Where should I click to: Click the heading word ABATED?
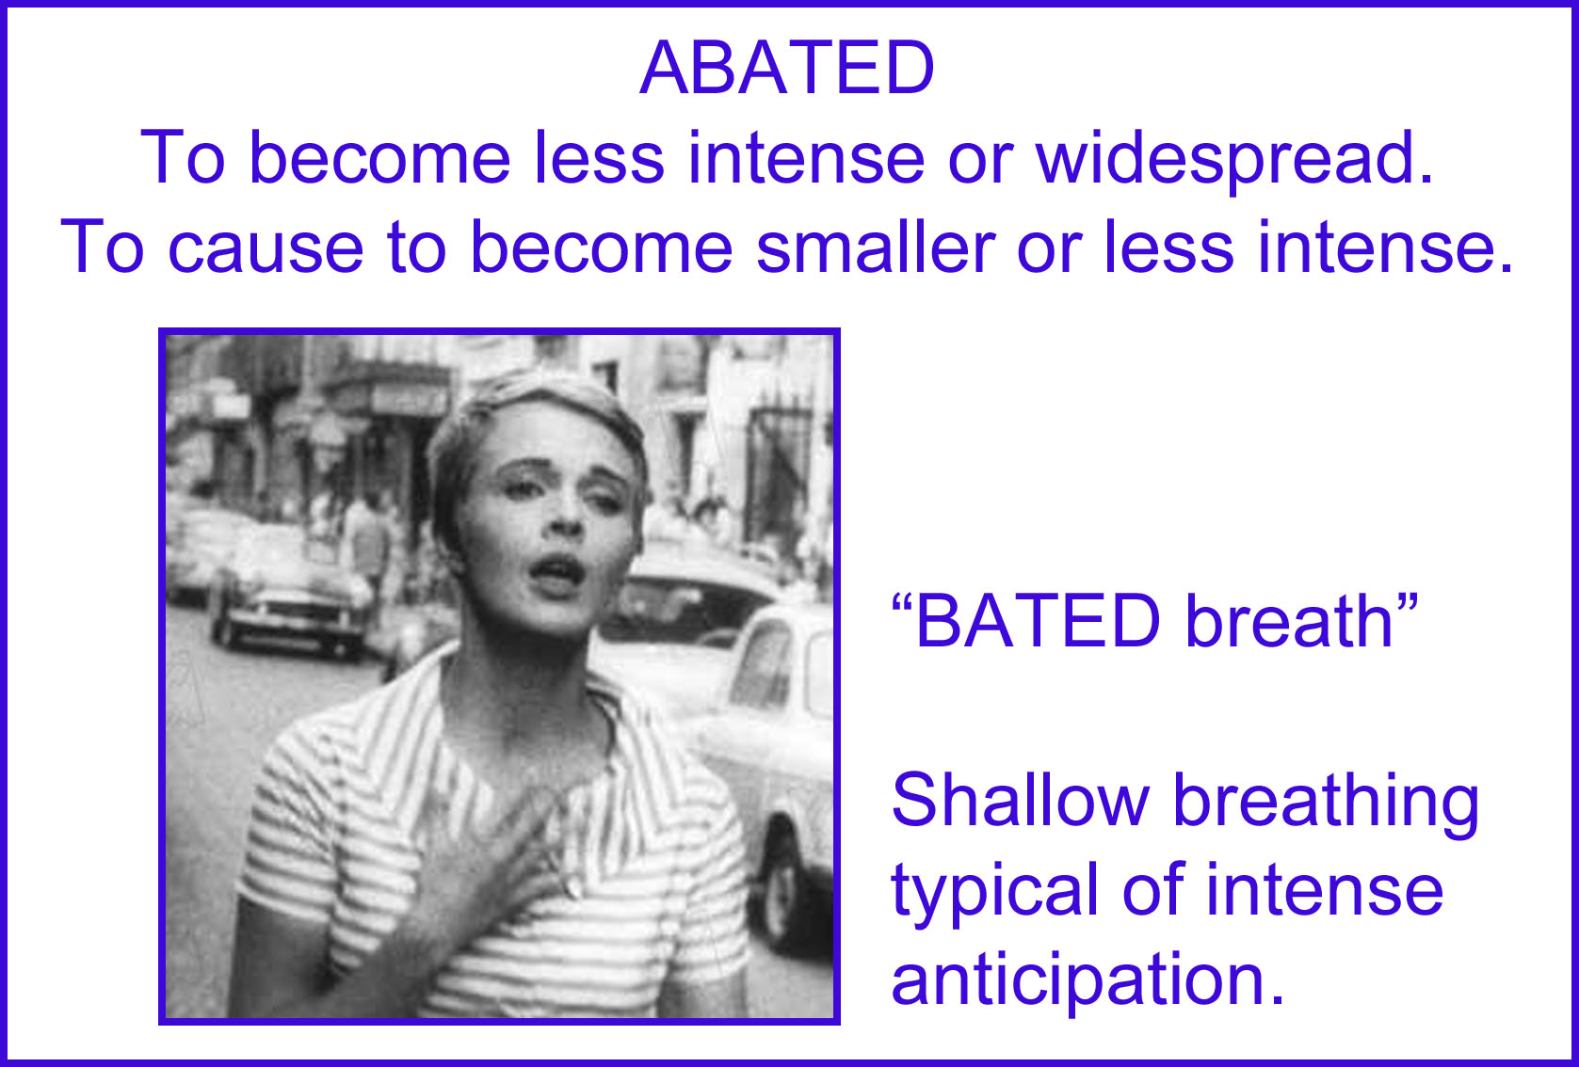[x=787, y=68]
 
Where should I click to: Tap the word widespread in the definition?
[x=1234, y=158]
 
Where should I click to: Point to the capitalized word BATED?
[x=1037, y=620]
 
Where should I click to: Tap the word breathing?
[x=1325, y=804]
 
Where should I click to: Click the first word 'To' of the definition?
[x=183, y=157]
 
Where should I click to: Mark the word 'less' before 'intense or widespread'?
[x=599, y=157]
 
